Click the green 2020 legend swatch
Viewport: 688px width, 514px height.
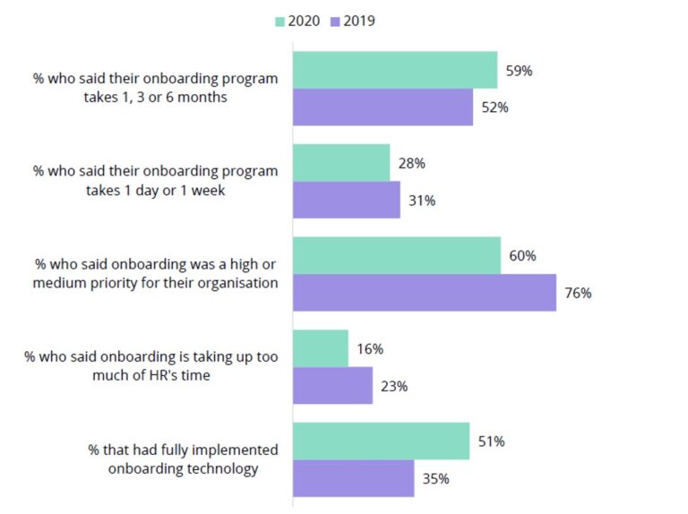coord(279,21)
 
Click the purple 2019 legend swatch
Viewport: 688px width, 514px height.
coord(334,21)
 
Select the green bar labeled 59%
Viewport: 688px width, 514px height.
coord(395,70)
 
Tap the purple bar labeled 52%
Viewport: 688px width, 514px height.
coord(383,107)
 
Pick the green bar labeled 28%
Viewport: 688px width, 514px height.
coord(341,163)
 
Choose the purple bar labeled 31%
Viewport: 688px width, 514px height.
coord(346,200)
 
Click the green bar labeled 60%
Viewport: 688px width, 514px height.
coord(397,256)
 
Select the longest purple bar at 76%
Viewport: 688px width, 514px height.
coord(425,293)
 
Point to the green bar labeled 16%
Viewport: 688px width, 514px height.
coord(321,348)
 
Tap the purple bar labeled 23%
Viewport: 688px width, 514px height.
coord(332,386)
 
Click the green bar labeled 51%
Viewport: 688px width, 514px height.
coord(381,441)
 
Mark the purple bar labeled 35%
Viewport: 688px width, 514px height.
coord(353,478)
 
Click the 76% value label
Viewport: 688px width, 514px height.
coord(578,293)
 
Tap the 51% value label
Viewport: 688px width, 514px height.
coord(492,441)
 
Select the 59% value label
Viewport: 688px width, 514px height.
coord(519,70)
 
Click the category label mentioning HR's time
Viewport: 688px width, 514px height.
coord(151,366)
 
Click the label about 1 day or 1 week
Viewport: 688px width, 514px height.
coord(155,180)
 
